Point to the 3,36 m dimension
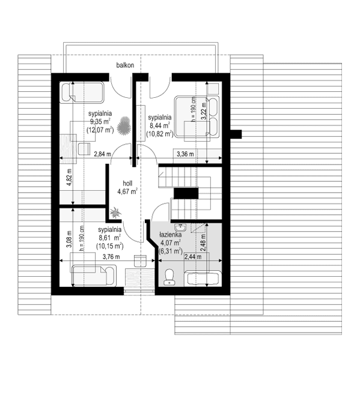pos(185,154)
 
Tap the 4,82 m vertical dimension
pos(69,178)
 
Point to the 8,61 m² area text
pos(110,238)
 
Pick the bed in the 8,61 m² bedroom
pos(93,275)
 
